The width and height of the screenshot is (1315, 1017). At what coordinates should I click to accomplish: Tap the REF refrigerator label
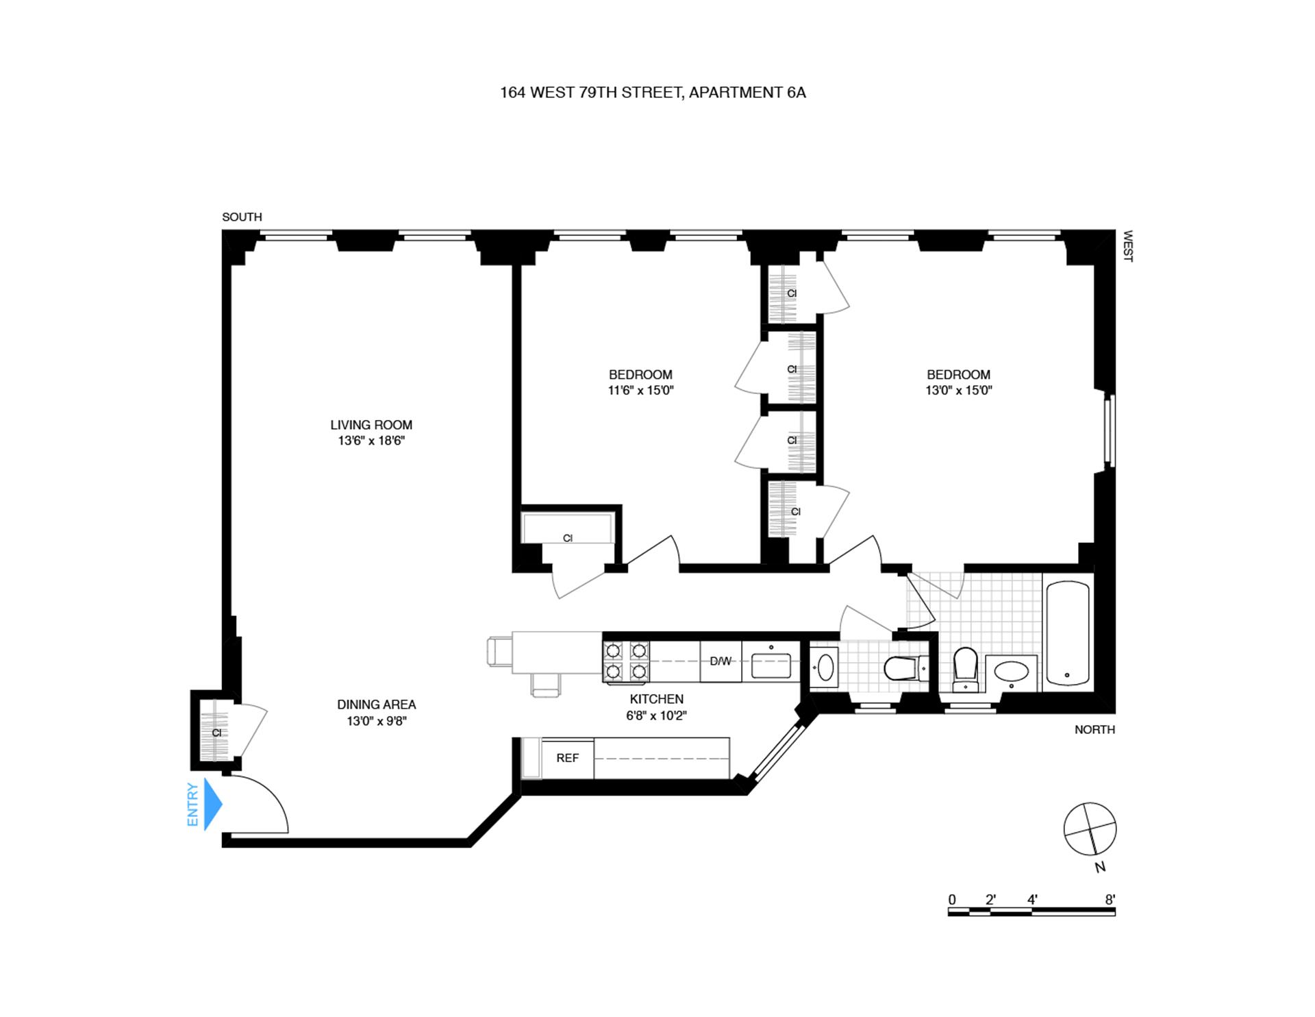pyautogui.click(x=567, y=758)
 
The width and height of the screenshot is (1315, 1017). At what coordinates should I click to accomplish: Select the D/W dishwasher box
pyautogui.click(x=721, y=661)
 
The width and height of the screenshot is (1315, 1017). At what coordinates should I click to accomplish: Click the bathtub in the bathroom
pyautogui.click(x=1068, y=632)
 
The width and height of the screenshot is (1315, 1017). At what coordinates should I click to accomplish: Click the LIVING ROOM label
pyautogui.click(x=371, y=425)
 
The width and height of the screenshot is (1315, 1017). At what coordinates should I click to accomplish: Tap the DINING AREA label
pyautogui.click(x=376, y=704)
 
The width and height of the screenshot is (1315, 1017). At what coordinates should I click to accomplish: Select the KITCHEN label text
pyautogui.click(x=656, y=699)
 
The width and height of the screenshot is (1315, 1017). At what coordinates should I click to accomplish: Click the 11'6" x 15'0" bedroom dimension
pyautogui.click(x=640, y=391)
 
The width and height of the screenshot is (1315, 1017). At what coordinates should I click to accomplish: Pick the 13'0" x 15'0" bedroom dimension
pyautogui.click(x=958, y=391)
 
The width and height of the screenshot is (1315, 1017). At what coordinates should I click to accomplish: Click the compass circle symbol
pyautogui.click(x=1090, y=829)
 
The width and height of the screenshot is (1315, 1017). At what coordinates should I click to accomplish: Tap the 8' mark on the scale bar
pyautogui.click(x=1110, y=900)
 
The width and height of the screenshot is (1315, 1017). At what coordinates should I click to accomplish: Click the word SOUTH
pyautogui.click(x=242, y=217)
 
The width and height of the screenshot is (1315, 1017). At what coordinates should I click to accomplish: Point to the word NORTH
pyautogui.click(x=1094, y=730)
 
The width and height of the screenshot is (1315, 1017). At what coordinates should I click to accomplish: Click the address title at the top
pyautogui.click(x=653, y=93)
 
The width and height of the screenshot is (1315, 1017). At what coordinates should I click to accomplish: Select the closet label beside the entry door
pyautogui.click(x=216, y=733)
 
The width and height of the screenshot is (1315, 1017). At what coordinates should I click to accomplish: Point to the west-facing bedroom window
pyautogui.click(x=1110, y=430)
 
